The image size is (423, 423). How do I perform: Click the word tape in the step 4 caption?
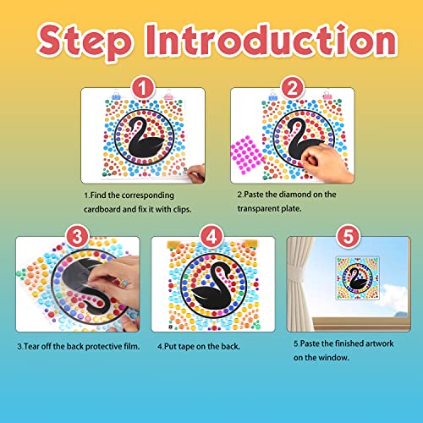(x=189, y=344)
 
